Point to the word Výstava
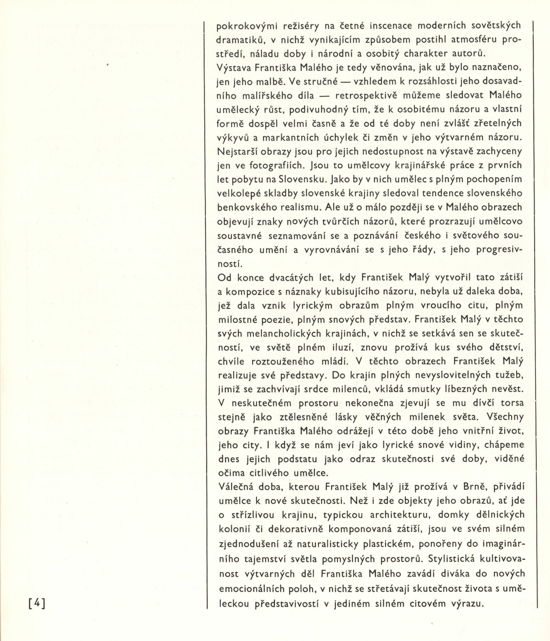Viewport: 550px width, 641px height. tap(234, 68)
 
